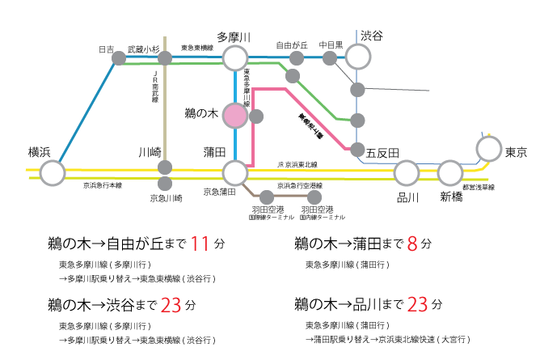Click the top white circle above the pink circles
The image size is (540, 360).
click(x=235, y=58)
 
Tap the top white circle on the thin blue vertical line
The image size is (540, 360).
click(x=358, y=57)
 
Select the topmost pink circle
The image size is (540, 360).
click(x=235, y=116)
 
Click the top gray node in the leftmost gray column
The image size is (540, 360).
click(x=119, y=58)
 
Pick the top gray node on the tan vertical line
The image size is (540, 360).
click(x=165, y=58)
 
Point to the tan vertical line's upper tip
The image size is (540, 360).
click(x=165, y=37)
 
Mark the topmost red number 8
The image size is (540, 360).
click(x=412, y=245)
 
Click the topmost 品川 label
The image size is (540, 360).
click(x=407, y=197)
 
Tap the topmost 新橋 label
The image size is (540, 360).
click(x=451, y=197)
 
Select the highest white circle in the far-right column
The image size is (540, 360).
click(x=489, y=149)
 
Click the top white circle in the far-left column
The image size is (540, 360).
click(x=53, y=172)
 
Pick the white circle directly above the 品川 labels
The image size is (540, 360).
click(x=407, y=172)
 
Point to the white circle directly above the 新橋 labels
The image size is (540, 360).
click(x=450, y=172)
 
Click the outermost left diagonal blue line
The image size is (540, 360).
click(x=81, y=113)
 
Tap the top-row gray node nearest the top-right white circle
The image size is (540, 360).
click(x=330, y=58)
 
